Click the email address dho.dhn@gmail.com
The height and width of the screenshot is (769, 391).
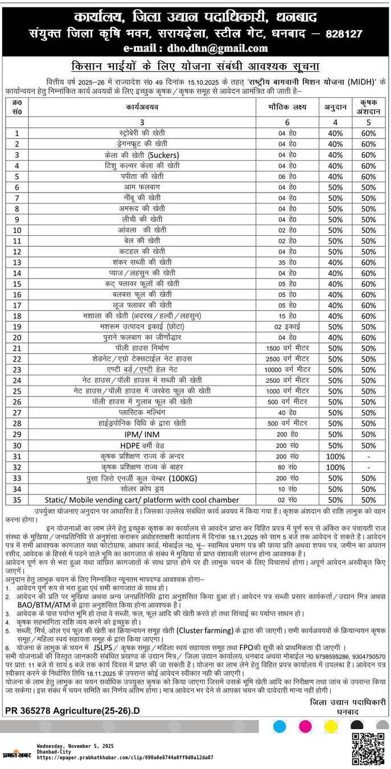pyautogui.click(x=195, y=48)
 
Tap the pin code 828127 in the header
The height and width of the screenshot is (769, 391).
pyautogui.click(x=344, y=34)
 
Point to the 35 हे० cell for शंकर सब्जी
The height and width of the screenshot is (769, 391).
pyautogui.click(x=287, y=263)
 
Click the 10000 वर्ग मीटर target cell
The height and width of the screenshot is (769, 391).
pyautogui.click(x=287, y=370)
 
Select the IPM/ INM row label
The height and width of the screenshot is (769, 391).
pyautogui.click(x=139, y=435)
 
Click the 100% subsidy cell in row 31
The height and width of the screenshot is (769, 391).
pyautogui.click(x=335, y=456)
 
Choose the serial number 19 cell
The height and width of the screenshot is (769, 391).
pyautogui.click(x=17, y=327)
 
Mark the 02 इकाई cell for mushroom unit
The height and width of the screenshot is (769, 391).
pyautogui.click(x=287, y=327)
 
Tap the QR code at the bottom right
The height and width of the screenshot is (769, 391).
pyautogui.click(x=368, y=748)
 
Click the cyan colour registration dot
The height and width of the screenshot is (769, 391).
pyautogui.click(x=279, y=726)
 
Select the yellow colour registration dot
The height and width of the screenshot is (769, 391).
pyautogui.click(x=331, y=726)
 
